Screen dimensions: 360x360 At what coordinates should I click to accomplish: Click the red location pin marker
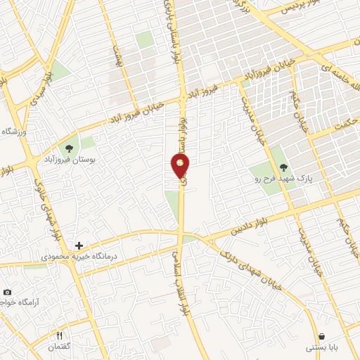coord(180,165)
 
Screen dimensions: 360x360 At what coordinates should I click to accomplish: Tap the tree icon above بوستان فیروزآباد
coord(69,147)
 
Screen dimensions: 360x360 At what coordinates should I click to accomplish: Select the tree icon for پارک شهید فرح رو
coord(283,167)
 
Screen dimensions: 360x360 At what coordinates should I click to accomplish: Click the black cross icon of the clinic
coord(78,246)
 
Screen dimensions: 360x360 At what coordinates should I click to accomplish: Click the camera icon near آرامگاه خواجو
coord(7,292)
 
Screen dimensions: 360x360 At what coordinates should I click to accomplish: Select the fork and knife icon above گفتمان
coord(59,335)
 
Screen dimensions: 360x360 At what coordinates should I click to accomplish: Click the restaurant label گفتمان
coord(59,347)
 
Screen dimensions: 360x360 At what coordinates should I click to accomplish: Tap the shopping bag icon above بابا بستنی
coord(321,337)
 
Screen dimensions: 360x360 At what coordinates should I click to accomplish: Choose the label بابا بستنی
coord(321,348)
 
